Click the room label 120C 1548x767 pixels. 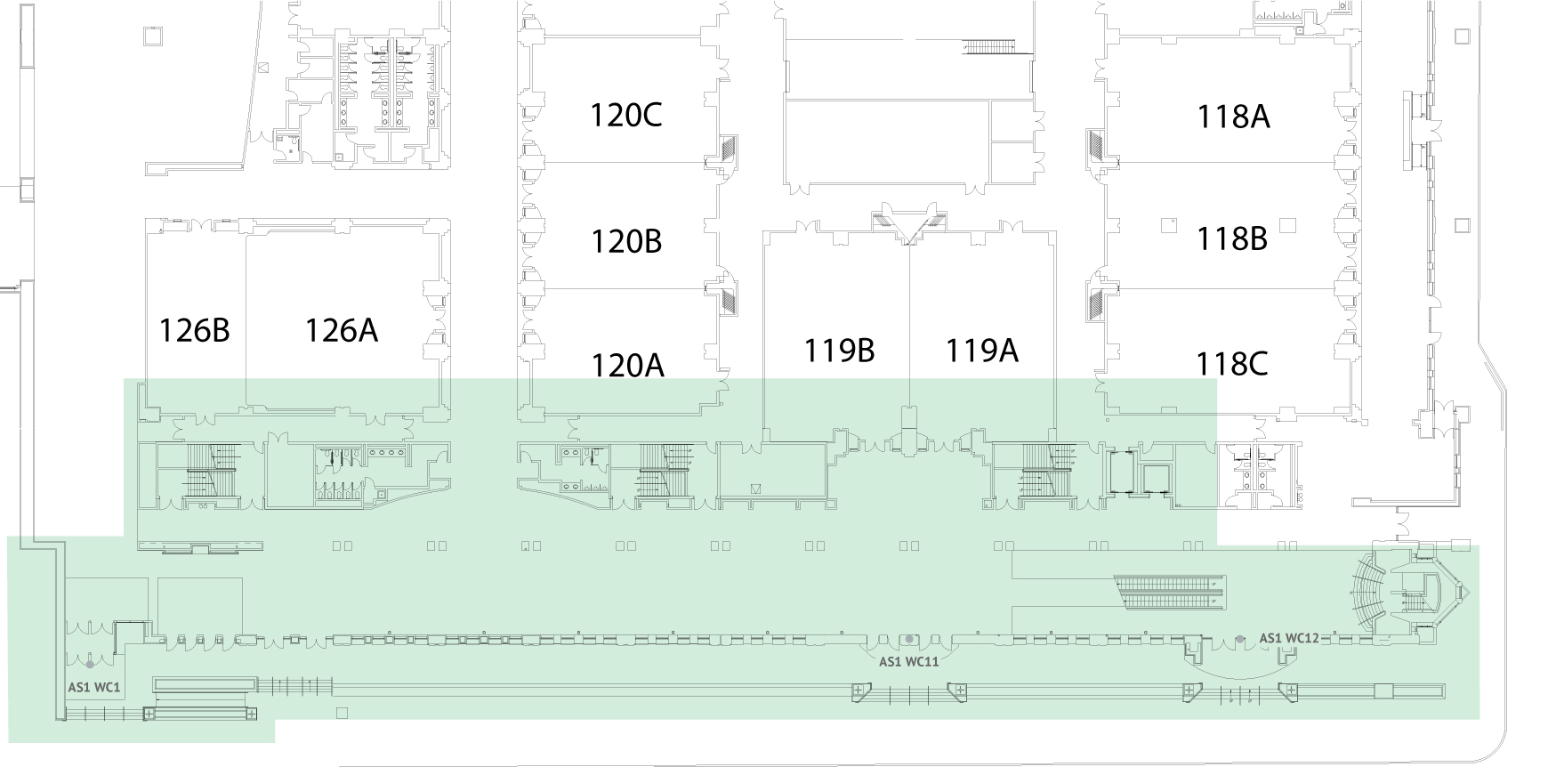click(x=626, y=116)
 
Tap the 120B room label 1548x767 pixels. click(x=626, y=241)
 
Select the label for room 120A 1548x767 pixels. click(x=628, y=365)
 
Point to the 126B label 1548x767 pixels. click(x=194, y=330)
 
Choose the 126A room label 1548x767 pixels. click(x=342, y=330)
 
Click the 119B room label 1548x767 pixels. click(x=839, y=351)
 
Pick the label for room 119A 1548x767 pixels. click(x=981, y=351)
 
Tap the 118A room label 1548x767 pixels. click(x=1233, y=116)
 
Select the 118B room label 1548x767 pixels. click(x=1232, y=238)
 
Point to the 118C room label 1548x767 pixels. click(x=1232, y=364)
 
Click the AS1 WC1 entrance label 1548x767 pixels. click(x=94, y=688)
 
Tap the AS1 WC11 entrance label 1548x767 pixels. click(x=909, y=662)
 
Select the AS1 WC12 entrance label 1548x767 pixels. click(x=1289, y=638)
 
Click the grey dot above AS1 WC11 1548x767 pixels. click(x=908, y=639)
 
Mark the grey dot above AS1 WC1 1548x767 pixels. click(x=90, y=663)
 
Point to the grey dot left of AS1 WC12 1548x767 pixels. click(x=1240, y=639)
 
